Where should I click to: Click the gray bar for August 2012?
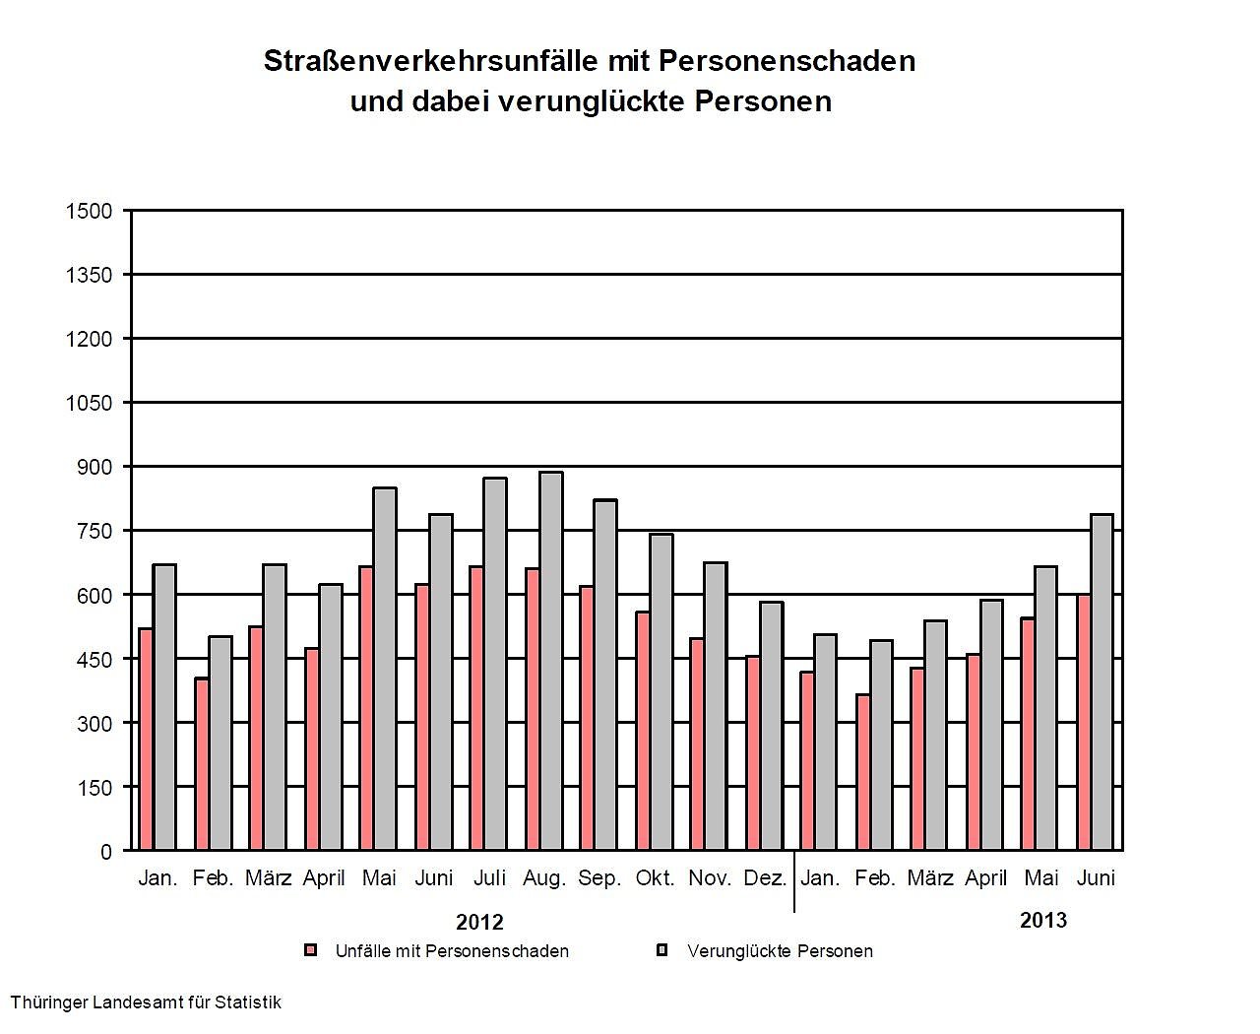(551, 661)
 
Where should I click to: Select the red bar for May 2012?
(365, 708)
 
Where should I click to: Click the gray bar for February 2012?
(220, 743)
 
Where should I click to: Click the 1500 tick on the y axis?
(89, 211)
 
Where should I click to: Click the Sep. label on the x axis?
(599, 878)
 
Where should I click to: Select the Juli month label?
(489, 878)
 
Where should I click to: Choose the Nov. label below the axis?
(710, 878)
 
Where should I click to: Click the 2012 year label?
(479, 923)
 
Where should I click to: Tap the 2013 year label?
(1043, 921)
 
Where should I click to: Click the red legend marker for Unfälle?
(311, 951)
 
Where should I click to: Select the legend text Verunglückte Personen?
(780, 951)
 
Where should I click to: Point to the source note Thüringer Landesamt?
(146, 1002)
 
